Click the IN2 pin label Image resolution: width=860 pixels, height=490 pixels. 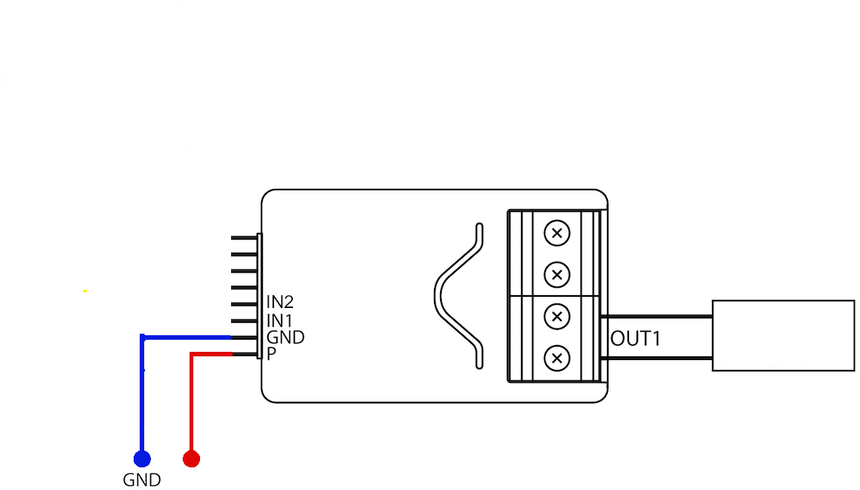click(279, 302)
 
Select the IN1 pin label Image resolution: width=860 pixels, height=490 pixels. click(279, 320)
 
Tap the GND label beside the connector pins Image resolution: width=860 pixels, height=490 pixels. click(285, 337)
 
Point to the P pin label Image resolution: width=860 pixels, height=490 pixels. click(271, 354)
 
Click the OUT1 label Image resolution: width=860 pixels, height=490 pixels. click(635, 338)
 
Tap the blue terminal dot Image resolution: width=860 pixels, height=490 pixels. click(142, 459)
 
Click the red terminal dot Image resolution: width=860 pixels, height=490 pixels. click(192, 459)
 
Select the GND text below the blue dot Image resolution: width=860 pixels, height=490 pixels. click(141, 480)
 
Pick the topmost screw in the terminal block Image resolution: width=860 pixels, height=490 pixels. click(556, 233)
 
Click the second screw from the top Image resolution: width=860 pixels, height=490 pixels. click(556, 275)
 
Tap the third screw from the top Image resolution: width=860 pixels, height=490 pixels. click(556, 316)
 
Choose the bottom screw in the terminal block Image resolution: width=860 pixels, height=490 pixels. click(556, 359)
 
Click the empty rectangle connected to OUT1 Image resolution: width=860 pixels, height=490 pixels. click(783, 336)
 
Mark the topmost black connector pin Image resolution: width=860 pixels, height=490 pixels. click(244, 238)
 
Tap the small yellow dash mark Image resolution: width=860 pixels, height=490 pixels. click(85, 291)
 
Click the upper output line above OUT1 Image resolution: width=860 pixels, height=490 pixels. click(657, 316)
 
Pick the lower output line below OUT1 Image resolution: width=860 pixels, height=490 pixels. click(657, 359)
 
